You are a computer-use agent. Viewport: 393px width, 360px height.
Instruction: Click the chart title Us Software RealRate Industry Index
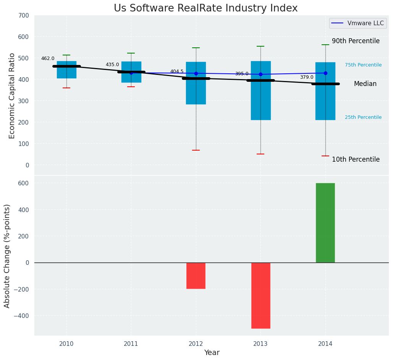[x=205, y=8]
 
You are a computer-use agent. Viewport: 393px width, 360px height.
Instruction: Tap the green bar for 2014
[x=325, y=223]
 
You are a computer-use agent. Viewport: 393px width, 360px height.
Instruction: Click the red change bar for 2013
[x=260, y=295]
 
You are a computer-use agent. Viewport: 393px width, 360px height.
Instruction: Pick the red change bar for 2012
[x=196, y=276]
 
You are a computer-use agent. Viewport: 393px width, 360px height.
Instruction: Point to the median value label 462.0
[x=48, y=58]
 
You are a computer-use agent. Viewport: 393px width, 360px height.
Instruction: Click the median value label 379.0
[x=306, y=77]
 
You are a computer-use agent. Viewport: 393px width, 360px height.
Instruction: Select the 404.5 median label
[x=177, y=71]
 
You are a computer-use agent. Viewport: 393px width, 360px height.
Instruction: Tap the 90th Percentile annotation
[x=356, y=41]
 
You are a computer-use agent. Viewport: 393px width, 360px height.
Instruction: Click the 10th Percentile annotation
[x=356, y=159]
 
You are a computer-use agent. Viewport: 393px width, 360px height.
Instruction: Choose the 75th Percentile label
[x=363, y=65]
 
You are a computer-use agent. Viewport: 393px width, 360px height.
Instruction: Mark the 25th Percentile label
[x=363, y=117]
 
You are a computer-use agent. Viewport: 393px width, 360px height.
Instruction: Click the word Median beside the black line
[x=365, y=84]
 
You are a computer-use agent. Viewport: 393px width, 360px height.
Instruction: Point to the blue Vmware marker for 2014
[x=325, y=73]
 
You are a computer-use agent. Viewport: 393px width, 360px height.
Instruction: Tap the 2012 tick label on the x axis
[x=196, y=344]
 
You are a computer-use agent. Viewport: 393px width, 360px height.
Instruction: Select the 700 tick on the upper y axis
[x=23, y=16]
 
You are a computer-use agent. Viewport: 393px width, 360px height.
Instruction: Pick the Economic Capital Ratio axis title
[x=12, y=96]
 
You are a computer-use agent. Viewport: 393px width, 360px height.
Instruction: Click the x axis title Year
[x=212, y=353]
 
